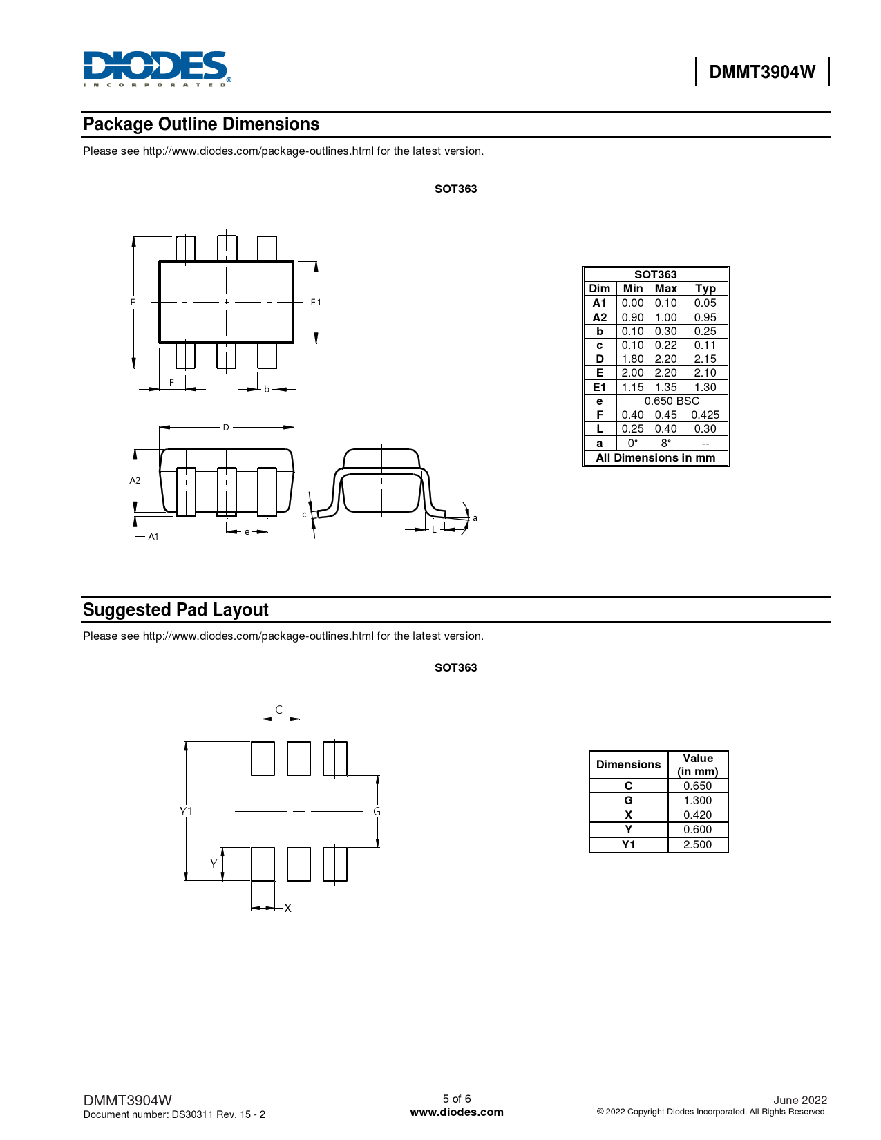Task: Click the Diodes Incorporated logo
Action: point(156,68)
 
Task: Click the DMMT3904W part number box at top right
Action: point(761,72)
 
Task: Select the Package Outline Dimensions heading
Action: point(201,124)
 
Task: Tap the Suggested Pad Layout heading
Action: point(176,610)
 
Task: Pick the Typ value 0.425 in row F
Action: point(705,415)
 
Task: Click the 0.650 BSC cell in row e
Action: point(672,401)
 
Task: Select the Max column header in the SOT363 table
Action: point(665,289)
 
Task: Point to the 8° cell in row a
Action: point(665,444)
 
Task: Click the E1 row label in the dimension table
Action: point(599,388)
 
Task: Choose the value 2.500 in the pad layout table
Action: point(697,845)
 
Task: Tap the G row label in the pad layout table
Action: point(628,801)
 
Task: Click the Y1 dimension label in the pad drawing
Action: point(186,811)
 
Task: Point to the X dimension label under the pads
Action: point(288,908)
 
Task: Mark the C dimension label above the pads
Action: point(279,710)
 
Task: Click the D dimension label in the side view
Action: point(226,428)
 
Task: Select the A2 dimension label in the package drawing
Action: point(135,480)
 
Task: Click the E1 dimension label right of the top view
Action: point(316,303)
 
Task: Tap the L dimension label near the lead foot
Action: point(434,530)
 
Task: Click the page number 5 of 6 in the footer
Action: point(457,1099)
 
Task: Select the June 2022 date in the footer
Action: point(800,1100)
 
